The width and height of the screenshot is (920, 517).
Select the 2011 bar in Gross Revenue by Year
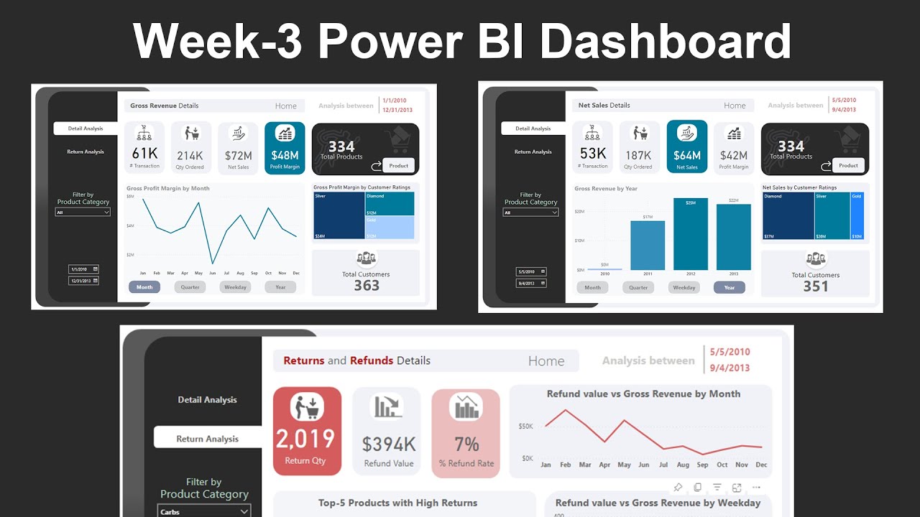coord(648,245)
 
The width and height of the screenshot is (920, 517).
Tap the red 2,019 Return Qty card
coord(307,431)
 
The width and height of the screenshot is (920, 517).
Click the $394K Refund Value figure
coord(388,444)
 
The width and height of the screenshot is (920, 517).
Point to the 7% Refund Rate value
coord(466,443)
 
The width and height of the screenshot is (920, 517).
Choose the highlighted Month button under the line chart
coord(144,287)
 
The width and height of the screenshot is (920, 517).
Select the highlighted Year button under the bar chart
coord(729,288)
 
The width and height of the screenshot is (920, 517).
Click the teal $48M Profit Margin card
coord(285,148)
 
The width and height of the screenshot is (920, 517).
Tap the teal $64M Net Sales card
coord(686,147)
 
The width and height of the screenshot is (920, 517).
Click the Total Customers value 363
coord(367,285)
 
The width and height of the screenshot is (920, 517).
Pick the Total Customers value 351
coord(815,286)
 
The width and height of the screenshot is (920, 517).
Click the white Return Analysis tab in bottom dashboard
coord(207,439)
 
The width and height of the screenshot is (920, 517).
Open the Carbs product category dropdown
coord(205,511)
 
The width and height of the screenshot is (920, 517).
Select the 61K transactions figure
coord(144,153)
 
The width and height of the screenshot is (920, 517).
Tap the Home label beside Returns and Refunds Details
coord(546,361)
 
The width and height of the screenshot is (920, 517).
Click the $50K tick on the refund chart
coord(525,427)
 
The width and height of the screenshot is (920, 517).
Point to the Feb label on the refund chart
coord(566,465)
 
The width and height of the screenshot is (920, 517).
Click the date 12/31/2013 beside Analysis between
coord(397,110)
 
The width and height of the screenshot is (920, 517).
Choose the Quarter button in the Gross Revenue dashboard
coord(190,287)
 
